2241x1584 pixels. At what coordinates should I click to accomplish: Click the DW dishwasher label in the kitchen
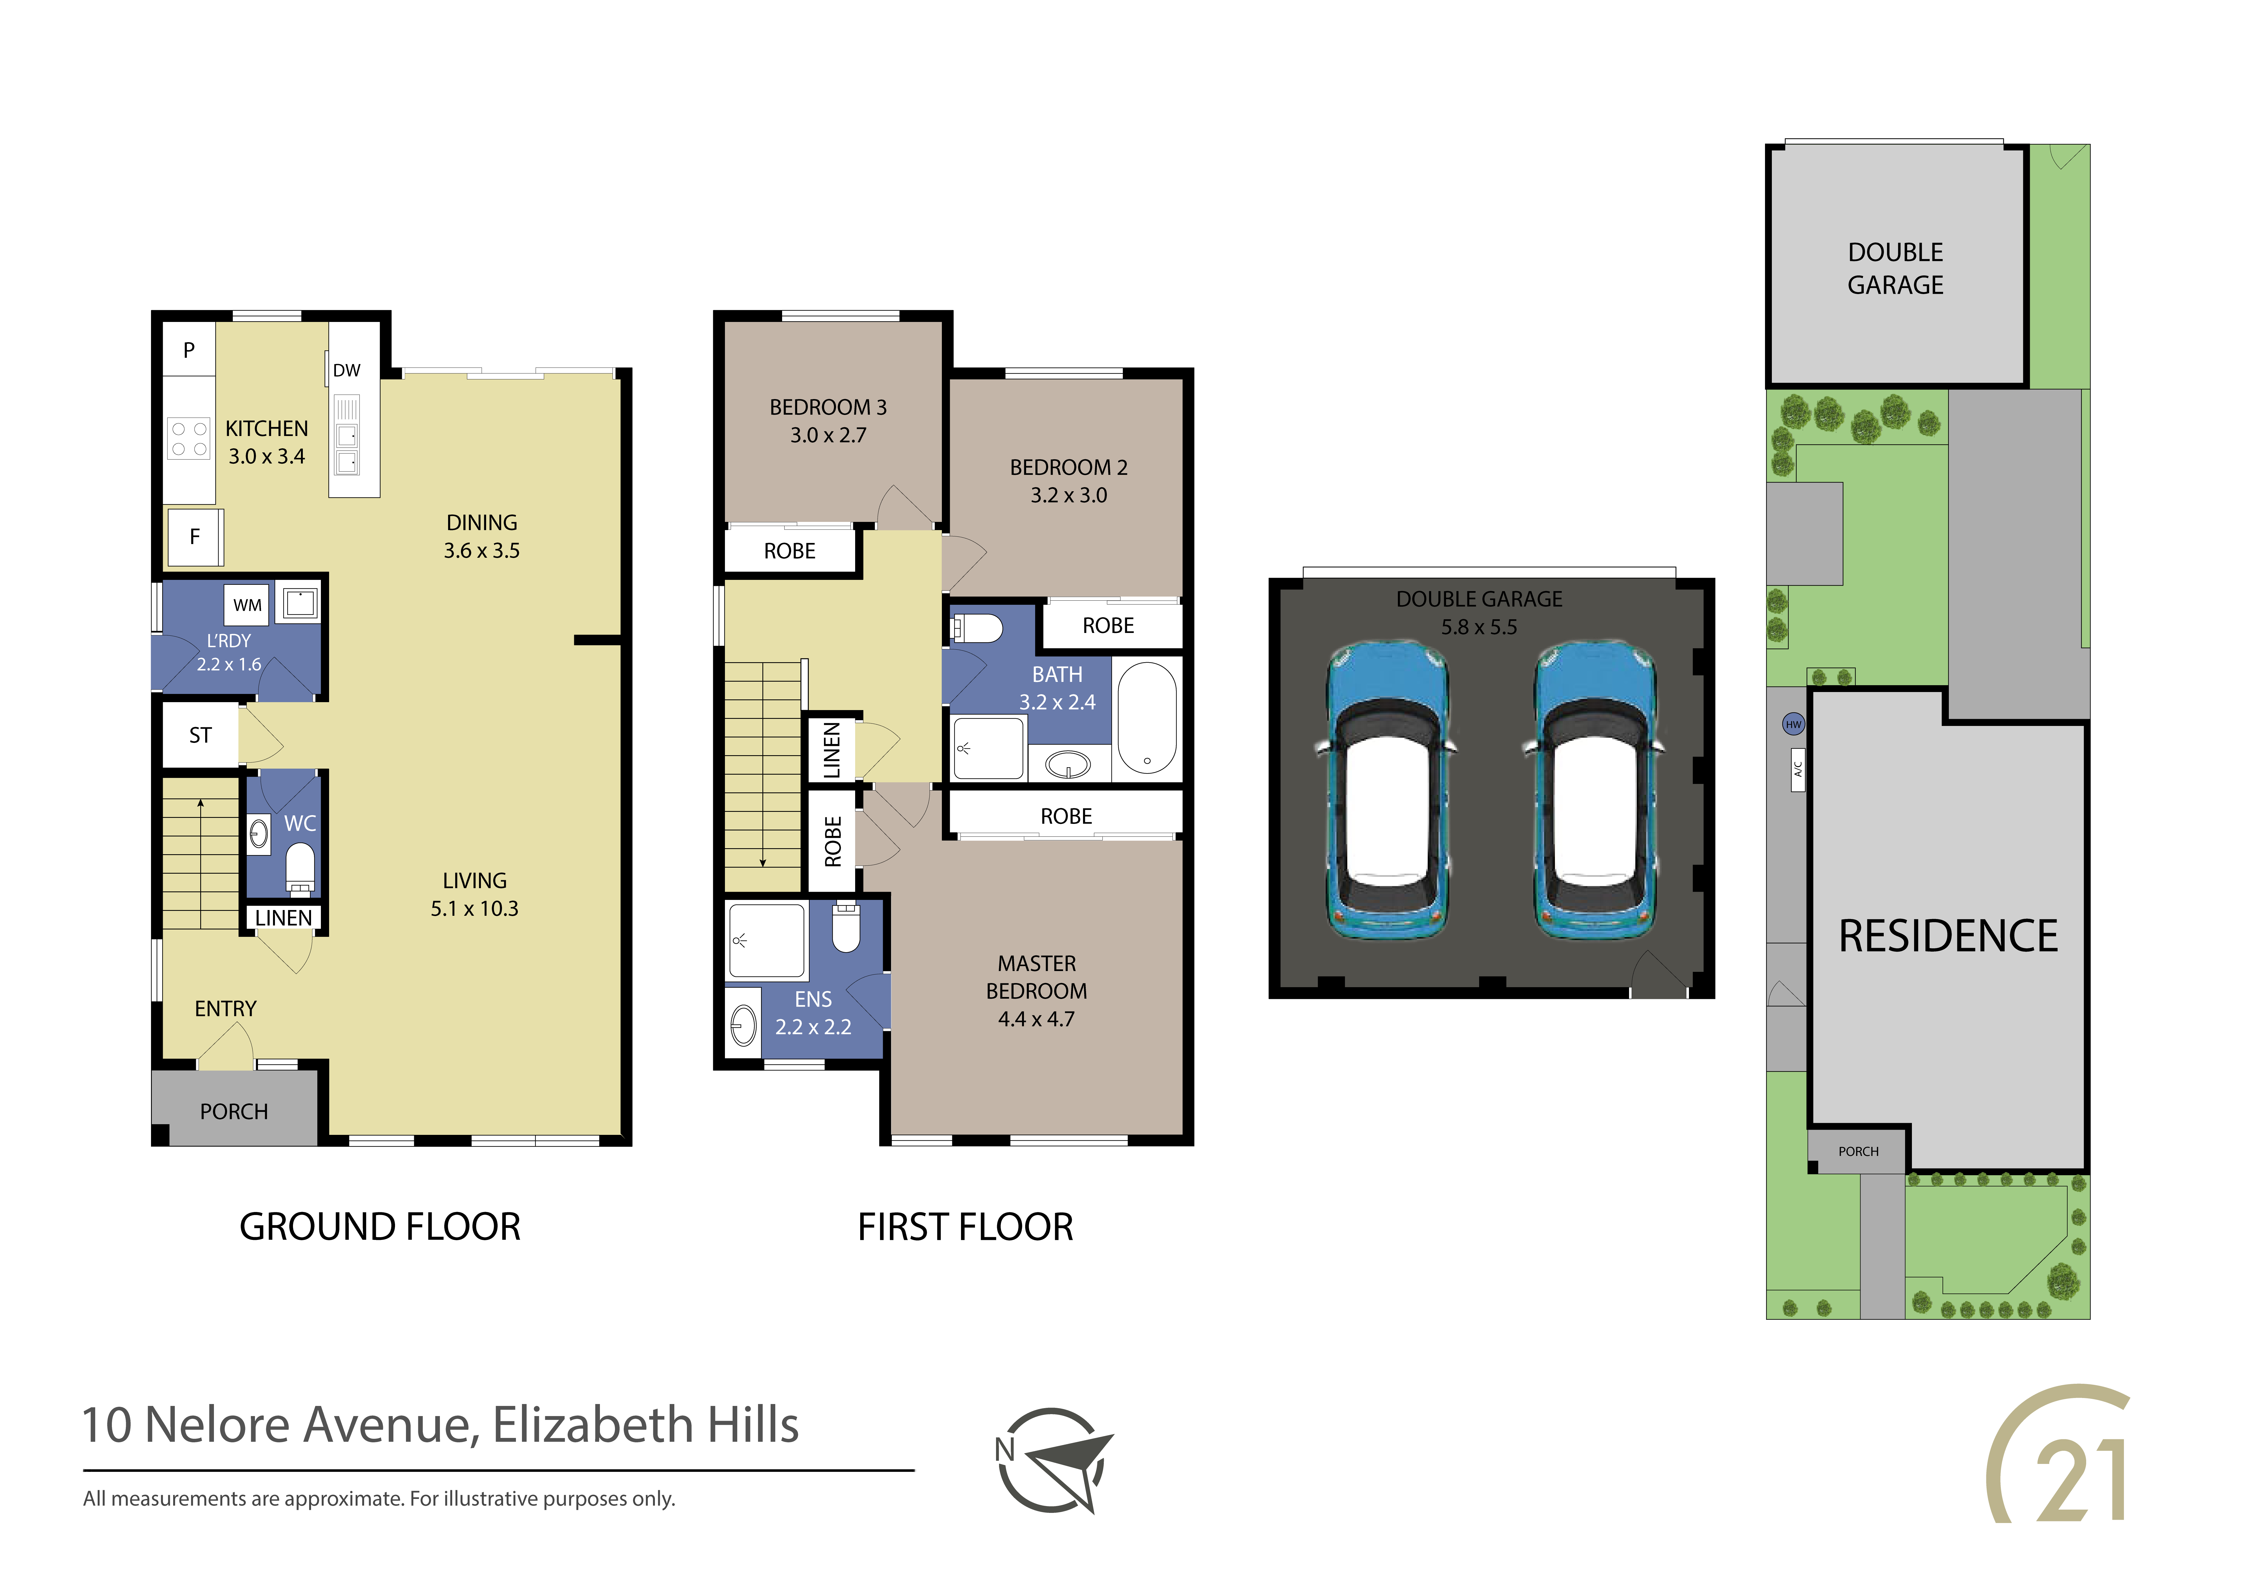(347, 371)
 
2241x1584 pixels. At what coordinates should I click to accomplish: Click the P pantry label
(189, 349)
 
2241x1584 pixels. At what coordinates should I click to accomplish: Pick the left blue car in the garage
(1386, 790)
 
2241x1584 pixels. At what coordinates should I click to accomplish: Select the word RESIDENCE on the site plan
(1948, 936)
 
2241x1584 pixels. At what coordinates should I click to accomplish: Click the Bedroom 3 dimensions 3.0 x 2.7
(829, 435)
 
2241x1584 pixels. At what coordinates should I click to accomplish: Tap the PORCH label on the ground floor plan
(234, 1112)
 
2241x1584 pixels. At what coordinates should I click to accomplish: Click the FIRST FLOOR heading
(965, 1227)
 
